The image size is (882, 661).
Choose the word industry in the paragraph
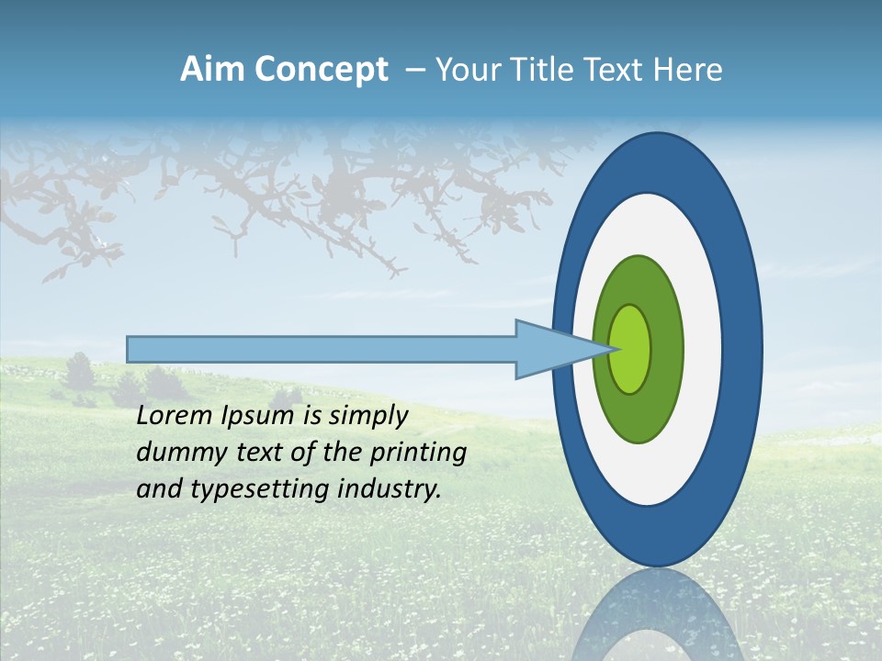coord(390,489)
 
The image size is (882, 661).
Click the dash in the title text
coord(415,71)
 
